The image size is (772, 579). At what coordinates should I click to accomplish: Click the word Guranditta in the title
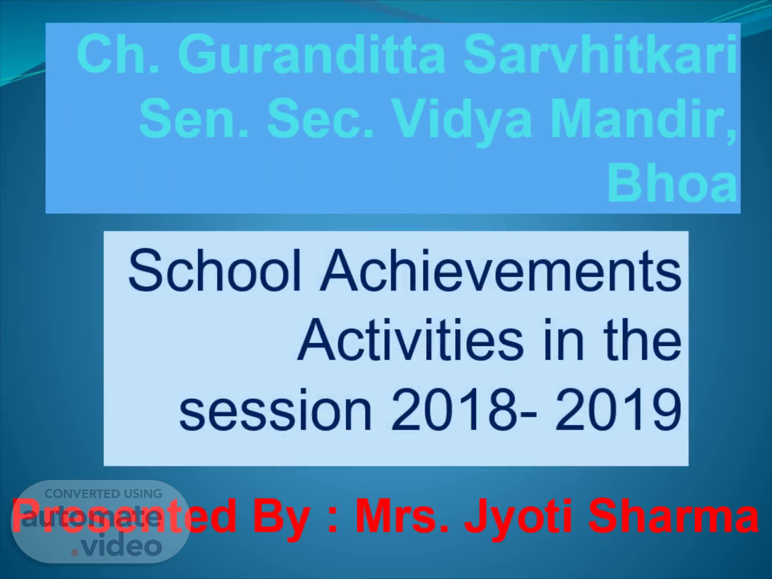click(x=312, y=54)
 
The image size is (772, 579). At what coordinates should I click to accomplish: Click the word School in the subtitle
click(x=215, y=270)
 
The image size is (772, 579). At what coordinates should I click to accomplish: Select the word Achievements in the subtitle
click(x=501, y=270)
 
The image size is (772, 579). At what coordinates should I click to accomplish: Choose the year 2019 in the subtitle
click(x=618, y=410)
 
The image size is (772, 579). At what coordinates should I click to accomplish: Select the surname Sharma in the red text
click(x=673, y=516)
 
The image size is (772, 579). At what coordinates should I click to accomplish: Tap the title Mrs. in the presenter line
click(x=402, y=516)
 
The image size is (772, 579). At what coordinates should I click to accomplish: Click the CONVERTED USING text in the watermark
click(x=103, y=494)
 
